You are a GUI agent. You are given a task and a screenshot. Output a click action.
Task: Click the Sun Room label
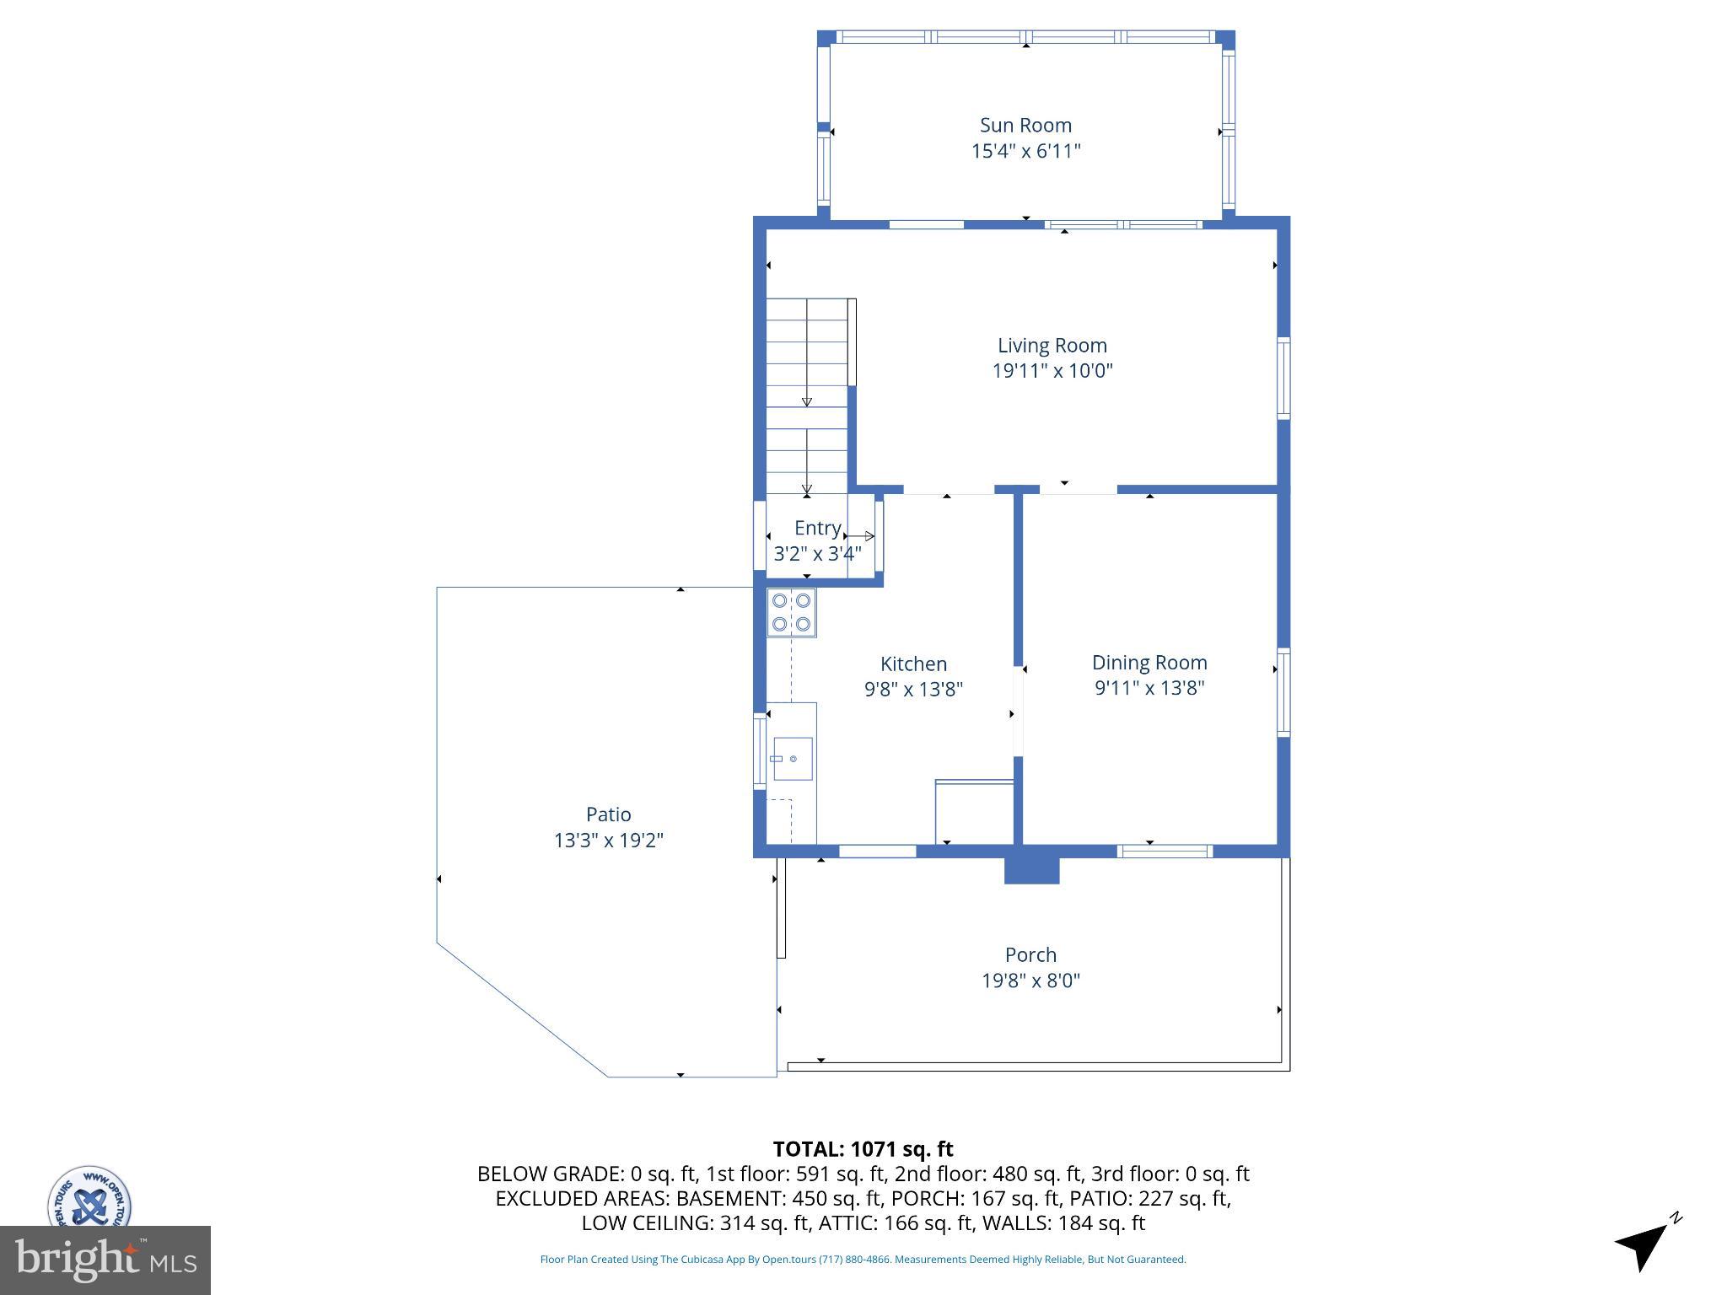(x=1025, y=125)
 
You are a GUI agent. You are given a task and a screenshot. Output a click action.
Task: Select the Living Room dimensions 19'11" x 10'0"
(x=1052, y=370)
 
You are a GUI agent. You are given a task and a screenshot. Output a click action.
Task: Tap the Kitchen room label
(x=913, y=664)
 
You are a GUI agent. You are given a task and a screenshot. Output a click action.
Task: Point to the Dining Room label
(x=1149, y=662)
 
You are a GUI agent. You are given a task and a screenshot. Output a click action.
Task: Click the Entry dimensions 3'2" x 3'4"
(x=817, y=554)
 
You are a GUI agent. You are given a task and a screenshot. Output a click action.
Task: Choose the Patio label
(x=608, y=814)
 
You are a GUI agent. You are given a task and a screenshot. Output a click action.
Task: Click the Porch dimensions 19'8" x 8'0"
(x=1030, y=981)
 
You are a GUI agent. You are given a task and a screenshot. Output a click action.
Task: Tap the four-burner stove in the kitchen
(x=791, y=612)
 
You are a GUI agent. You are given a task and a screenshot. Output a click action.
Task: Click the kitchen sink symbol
(x=791, y=759)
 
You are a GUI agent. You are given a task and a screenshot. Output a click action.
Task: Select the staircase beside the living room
(x=806, y=396)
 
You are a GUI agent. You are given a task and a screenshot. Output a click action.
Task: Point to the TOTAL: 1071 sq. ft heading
(x=863, y=1149)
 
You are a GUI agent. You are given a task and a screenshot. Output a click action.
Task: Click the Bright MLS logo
(x=105, y=1260)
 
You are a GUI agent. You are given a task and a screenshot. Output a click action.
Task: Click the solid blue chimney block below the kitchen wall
(x=1030, y=869)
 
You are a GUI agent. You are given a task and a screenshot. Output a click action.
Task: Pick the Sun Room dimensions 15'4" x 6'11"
(x=1025, y=151)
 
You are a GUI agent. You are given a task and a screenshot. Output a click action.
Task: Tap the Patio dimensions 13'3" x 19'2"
(x=608, y=841)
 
